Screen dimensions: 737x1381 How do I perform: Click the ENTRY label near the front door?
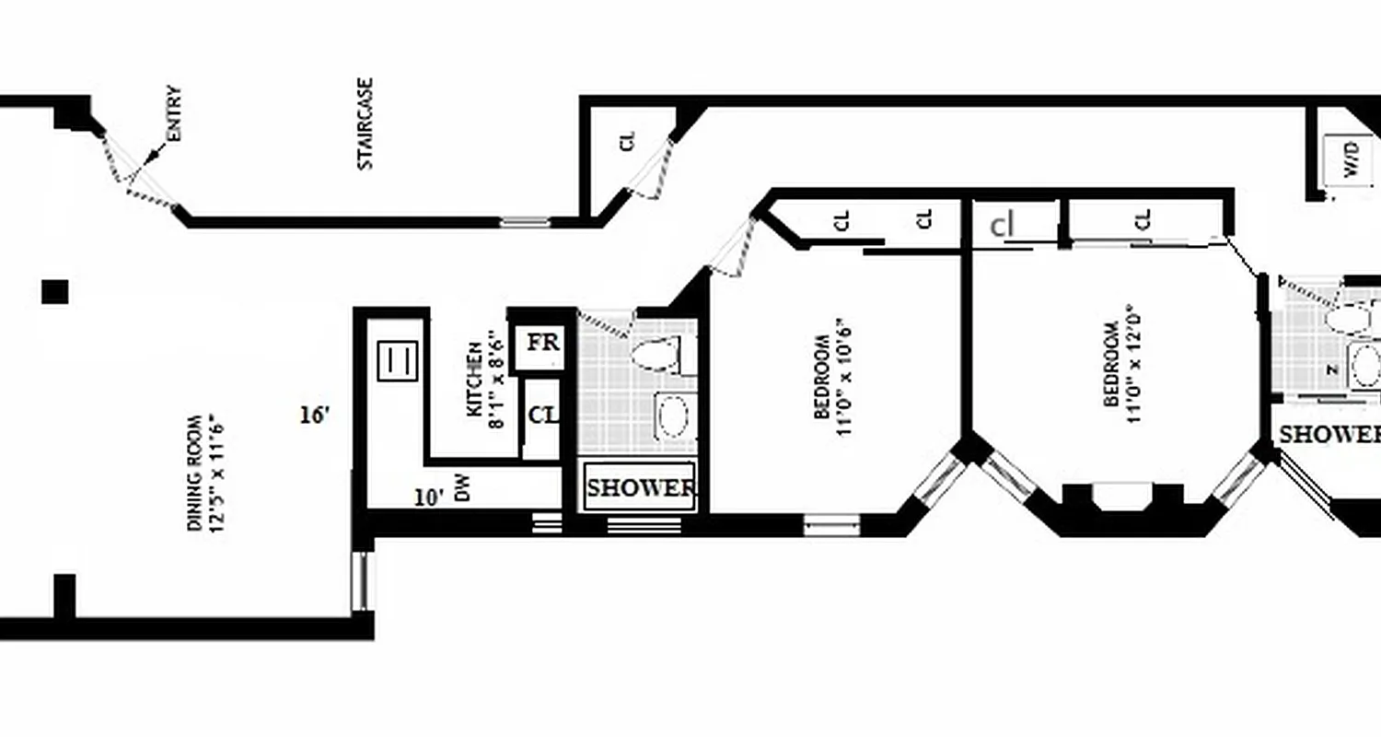tap(174, 114)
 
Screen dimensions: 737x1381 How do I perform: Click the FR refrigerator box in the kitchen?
tap(542, 344)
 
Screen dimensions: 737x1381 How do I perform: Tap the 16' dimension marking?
tap(314, 415)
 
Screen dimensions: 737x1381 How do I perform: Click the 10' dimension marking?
tap(429, 498)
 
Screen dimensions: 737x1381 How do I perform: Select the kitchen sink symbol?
tap(398, 360)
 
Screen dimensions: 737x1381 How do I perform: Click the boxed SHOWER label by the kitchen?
tap(641, 488)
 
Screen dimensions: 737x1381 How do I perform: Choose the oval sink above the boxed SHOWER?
tap(674, 416)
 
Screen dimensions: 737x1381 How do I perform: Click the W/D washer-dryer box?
tap(1351, 162)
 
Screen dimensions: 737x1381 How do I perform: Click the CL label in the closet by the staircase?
tap(628, 141)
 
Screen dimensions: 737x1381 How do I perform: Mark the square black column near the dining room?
tap(55, 292)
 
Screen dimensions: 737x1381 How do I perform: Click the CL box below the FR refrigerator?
tap(542, 415)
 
